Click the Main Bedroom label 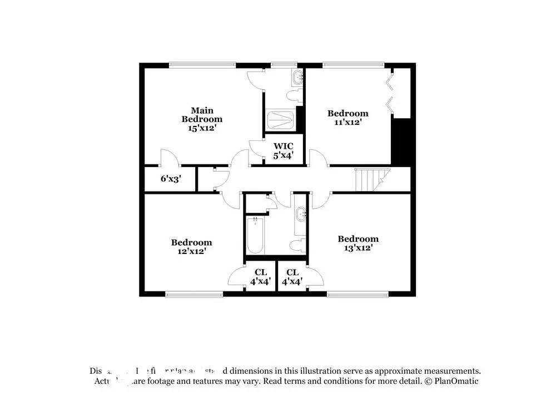[x=202, y=115]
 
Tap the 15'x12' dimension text [x=202, y=128]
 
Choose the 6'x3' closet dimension [x=171, y=179]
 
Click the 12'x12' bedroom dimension [x=191, y=251]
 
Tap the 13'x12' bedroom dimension [x=358, y=248]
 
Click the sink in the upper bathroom [x=297, y=77]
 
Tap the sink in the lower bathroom [x=301, y=213]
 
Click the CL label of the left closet [x=261, y=272]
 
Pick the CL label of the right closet [x=292, y=272]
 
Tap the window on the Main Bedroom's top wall [x=202, y=65]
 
